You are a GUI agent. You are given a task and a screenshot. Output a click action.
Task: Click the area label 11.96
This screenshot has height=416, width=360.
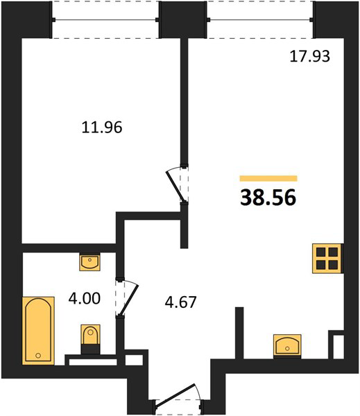click(102, 127)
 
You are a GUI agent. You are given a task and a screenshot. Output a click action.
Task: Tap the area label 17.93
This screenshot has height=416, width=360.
click(309, 56)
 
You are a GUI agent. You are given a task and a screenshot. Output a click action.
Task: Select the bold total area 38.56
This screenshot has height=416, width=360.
click(268, 198)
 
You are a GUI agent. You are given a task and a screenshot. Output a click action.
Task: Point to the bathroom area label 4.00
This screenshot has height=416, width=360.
click(85, 298)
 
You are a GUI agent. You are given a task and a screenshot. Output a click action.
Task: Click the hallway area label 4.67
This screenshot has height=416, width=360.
click(180, 302)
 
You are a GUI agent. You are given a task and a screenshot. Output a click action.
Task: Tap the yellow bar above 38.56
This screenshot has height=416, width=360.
click(268, 178)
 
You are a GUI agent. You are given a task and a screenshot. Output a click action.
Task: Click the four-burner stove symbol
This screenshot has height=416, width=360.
click(327, 258)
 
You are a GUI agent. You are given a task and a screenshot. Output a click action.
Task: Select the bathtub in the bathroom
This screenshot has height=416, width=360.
click(38, 331)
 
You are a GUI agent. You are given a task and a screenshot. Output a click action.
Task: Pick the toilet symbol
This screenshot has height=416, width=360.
click(91, 339)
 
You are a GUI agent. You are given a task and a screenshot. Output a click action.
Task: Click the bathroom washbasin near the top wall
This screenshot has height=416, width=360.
click(89, 262)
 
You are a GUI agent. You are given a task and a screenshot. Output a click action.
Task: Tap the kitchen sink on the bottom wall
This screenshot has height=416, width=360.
click(287, 346)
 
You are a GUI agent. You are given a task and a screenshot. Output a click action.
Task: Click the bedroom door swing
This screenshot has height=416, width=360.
click(175, 185)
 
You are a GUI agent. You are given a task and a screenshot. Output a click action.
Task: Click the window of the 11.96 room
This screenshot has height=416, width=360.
click(105, 19)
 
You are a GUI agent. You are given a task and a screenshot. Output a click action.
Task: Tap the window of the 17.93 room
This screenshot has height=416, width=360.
click(260, 19)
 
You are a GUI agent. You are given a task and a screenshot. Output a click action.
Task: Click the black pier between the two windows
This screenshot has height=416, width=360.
click(183, 19)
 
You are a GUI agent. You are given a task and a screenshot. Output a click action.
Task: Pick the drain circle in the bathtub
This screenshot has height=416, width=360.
click(38, 356)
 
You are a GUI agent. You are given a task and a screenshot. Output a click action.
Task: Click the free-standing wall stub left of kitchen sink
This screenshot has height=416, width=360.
click(239, 333)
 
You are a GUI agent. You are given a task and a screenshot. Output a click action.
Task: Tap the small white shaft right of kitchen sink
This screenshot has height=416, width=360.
click(338, 347)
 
